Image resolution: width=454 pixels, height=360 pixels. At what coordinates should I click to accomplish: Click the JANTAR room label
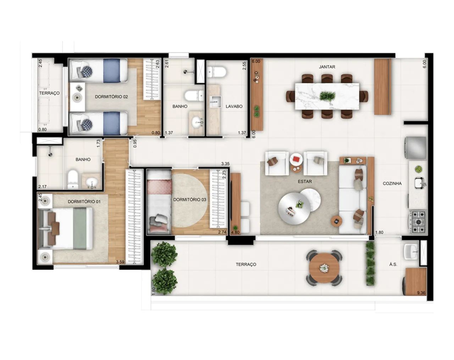tap(327, 67)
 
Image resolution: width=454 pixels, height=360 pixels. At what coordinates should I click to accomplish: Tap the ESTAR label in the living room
tap(305, 181)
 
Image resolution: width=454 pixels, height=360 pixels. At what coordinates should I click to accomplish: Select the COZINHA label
tap(392, 184)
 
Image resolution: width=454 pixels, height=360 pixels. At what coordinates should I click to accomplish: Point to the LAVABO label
tap(234, 106)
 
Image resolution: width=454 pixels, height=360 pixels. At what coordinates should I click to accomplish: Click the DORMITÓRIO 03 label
tap(190, 200)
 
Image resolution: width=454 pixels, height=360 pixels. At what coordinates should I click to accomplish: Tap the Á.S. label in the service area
tap(393, 264)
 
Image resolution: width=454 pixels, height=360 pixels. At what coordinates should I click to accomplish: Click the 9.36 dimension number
tap(421, 293)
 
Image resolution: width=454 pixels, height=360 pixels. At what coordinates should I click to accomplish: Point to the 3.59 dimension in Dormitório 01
tap(120, 262)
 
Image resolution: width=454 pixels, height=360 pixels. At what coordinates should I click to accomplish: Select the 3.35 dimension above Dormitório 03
tap(225, 164)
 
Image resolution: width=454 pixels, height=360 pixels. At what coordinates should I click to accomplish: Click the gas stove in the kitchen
tap(417, 222)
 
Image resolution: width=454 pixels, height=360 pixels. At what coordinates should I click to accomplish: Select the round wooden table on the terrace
tap(324, 268)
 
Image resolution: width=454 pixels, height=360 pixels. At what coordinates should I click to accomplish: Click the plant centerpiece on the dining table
tap(327, 96)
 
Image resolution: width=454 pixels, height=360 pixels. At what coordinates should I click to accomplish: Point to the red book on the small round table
tap(297, 158)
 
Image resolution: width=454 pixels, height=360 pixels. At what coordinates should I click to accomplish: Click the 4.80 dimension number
tap(235, 233)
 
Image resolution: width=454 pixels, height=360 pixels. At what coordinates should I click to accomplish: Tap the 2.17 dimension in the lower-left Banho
tap(43, 187)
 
